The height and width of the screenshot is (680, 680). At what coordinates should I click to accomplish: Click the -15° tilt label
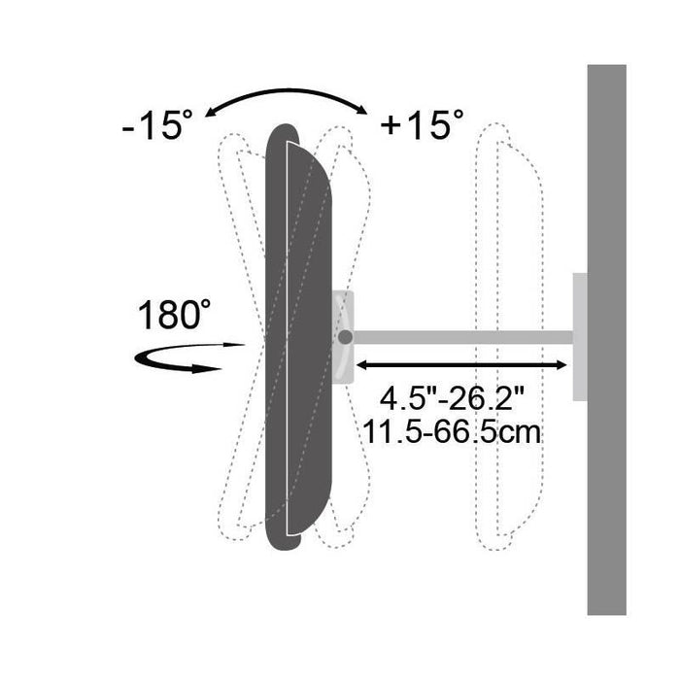pyautogui.click(x=157, y=125)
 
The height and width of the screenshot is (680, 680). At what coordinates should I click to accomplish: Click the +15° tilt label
pyautogui.click(x=422, y=124)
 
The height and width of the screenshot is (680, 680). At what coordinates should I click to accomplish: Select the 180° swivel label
pyautogui.click(x=174, y=314)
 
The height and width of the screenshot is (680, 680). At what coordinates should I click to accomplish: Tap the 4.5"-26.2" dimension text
pyautogui.click(x=453, y=398)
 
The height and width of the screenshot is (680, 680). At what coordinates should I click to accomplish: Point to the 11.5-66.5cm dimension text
pyautogui.click(x=452, y=432)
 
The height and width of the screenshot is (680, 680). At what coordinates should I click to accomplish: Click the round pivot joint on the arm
pyautogui.click(x=345, y=337)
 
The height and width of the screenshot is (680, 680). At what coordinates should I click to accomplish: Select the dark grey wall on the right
pyautogui.click(x=607, y=340)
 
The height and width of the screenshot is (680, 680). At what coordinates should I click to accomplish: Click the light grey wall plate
pyautogui.click(x=580, y=337)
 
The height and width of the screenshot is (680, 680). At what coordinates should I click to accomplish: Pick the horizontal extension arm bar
pyautogui.click(x=462, y=337)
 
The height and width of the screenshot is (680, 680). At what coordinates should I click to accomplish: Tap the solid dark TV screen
pyautogui.click(x=298, y=337)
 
